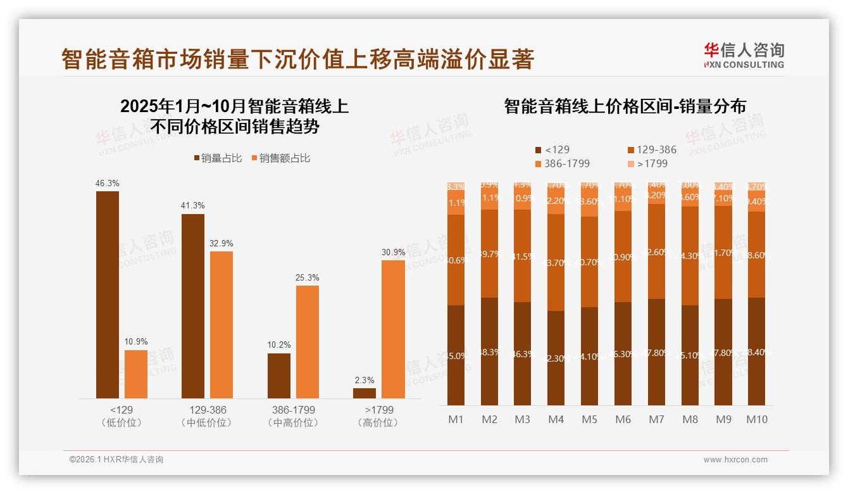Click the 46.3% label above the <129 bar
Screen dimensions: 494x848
point(107,184)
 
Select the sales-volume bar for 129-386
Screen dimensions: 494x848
point(193,306)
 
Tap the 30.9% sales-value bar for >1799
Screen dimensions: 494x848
point(393,329)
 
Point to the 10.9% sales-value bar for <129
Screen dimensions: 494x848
point(135,374)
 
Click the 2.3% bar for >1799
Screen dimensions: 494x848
point(365,393)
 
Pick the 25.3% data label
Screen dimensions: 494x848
point(307,278)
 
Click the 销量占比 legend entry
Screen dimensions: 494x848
point(218,158)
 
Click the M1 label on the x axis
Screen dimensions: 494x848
point(456,419)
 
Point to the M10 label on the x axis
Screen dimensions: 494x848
point(756,419)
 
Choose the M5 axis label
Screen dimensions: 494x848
point(589,419)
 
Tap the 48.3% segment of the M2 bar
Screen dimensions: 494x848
point(489,351)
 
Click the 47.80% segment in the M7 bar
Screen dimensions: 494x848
point(656,351)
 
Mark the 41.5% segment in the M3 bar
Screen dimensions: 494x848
point(522,256)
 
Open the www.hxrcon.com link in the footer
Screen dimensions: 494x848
point(735,460)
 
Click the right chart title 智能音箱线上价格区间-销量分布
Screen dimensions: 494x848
point(625,106)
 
